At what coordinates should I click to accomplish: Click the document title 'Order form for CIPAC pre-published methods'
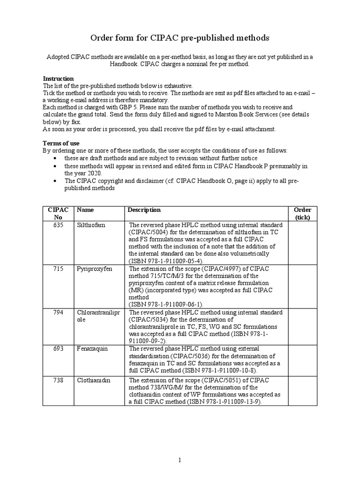tap(180, 37)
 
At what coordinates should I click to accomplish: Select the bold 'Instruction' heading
tap(58, 79)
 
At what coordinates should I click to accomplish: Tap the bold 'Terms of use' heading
tap(61, 143)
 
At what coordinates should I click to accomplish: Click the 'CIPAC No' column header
tap(58, 213)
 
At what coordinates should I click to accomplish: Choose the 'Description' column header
tap(144, 210)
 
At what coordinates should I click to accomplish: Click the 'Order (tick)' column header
tap(302, 213)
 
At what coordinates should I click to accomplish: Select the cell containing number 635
tap(58, 225)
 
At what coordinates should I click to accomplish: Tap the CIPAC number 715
tap(58, 269)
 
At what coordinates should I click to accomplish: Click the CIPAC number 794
tap(58, 312)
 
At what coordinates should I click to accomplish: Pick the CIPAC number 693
tap(58, 349)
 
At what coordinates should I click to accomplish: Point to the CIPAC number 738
tap(58, 380)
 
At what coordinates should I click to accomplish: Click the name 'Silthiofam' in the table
tap(91, 225)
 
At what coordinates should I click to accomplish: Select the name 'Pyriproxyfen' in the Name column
tap(94, 269)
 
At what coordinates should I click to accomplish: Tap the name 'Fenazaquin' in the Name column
tap(92, 349)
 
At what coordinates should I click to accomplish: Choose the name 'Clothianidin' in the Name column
tap(94, 380)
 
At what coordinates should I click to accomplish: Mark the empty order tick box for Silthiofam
tap(302, 243)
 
